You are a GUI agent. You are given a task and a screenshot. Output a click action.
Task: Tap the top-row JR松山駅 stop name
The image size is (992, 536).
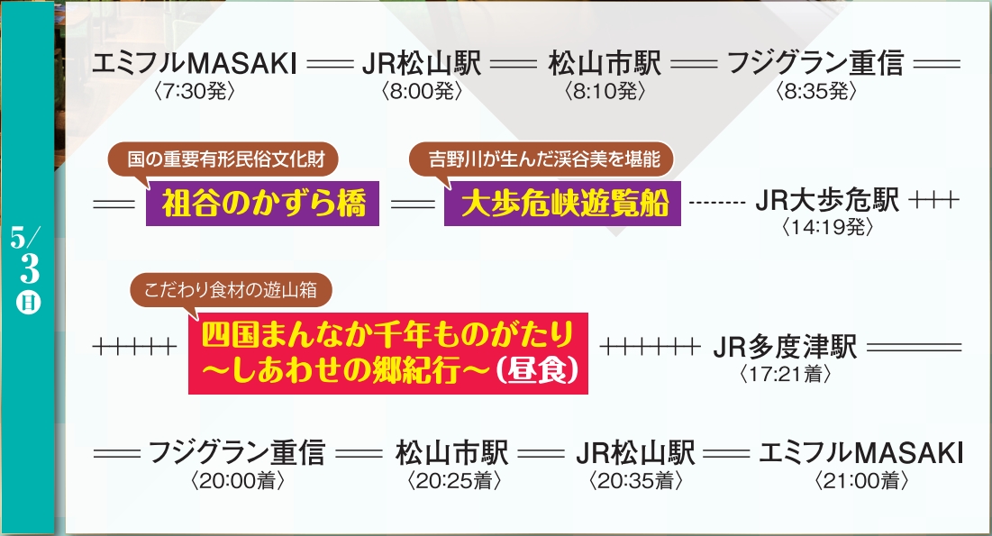pyautogui.click(x=421, y=66)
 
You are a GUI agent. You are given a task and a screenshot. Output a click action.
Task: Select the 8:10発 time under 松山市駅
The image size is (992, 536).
pyautogui.click(x=604, y=91)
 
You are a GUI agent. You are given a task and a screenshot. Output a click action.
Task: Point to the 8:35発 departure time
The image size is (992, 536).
pyautogui.click(x=815, y=91)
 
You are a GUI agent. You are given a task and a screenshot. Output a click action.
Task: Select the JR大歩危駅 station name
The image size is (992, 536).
pyautogui.click(x=826, y=201)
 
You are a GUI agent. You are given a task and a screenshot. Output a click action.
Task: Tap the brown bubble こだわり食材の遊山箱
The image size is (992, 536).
pyautogui.click(x=232, y=291)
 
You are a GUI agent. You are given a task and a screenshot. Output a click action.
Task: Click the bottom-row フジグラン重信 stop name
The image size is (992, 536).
pyautogui.click(x=236, y=453)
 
